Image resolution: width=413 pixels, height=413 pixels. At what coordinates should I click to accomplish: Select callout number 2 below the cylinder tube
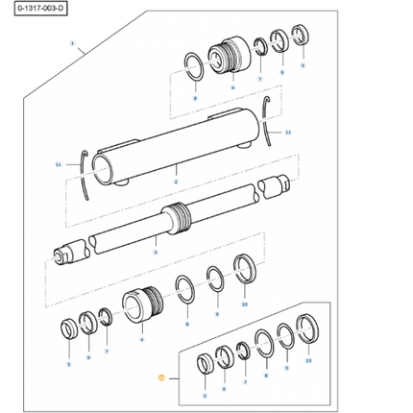tap(175, 181)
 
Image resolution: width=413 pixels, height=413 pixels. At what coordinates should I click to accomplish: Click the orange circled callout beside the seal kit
tap(162, 378)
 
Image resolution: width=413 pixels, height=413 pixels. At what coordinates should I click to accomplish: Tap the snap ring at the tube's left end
tap(89, 171)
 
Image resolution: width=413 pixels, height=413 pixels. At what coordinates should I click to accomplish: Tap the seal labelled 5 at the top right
tap(301, 41)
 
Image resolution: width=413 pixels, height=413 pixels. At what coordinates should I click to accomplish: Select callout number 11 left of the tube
tap(58, 165)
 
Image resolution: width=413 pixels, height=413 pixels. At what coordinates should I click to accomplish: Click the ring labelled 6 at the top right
tap(279, 43)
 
